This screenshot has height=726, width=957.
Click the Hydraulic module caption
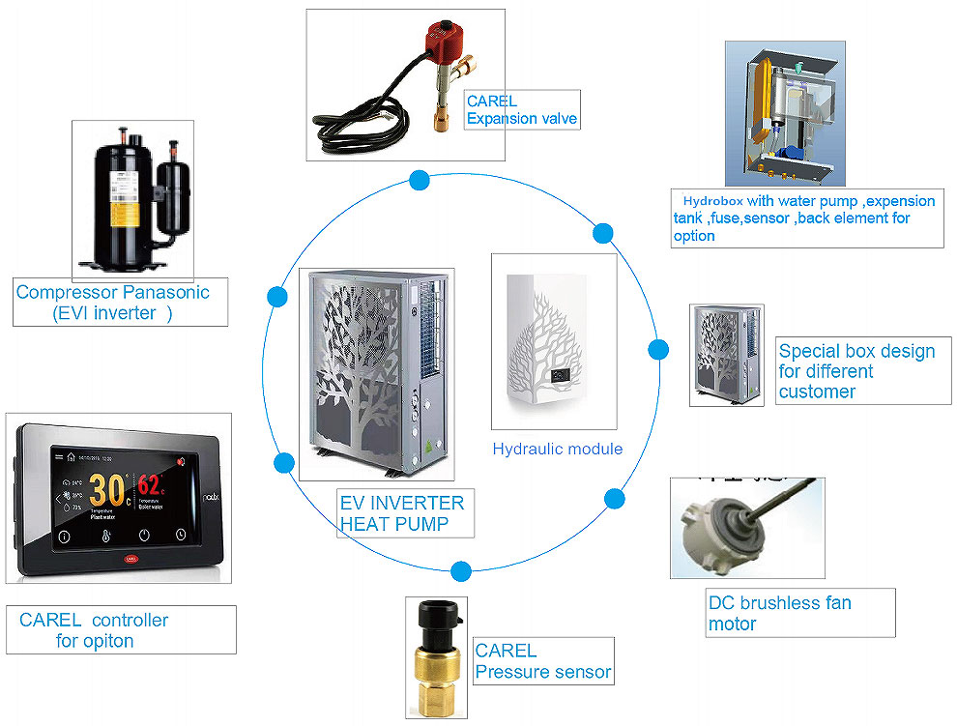point(558,449)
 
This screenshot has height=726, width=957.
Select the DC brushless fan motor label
point(780,613)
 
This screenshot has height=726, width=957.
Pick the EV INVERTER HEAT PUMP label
point(401,513)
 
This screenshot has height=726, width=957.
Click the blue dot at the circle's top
point(420,180)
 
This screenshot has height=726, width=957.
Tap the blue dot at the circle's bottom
point(461,570)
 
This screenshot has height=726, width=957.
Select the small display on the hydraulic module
point(559,373)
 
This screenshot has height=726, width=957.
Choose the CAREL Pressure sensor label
point(542,661)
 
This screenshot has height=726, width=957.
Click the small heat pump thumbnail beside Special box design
point(726,355)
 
